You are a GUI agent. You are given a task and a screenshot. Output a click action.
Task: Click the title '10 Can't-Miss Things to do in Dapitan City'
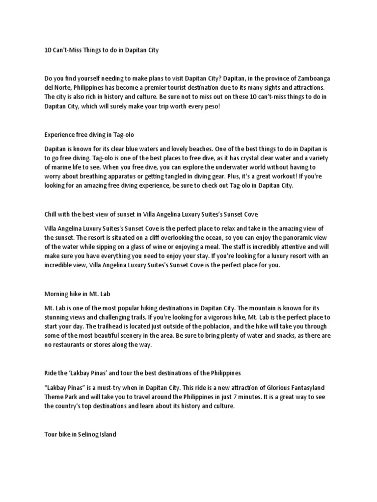coord(102,50)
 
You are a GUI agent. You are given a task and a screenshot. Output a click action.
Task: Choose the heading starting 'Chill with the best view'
coord(151,215)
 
